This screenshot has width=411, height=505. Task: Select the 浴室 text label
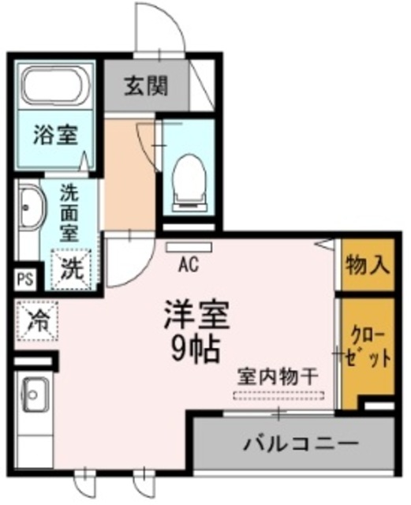(54, 134)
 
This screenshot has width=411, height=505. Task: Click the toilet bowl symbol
(189, 174)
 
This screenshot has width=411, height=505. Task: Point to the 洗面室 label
(71, 213)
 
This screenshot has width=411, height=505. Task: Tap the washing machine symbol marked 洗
(72, 267)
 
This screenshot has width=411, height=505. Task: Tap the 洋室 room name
(196, 316)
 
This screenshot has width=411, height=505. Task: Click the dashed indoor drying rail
(278, 394)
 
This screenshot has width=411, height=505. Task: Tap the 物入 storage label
(368, 265)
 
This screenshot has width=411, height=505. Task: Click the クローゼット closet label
(368, 347)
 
